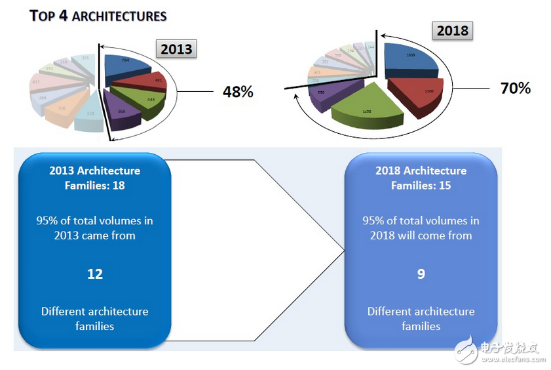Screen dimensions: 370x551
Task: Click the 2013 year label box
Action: click(x=176, y=49)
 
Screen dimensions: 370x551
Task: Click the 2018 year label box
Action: click(x=452, y=31)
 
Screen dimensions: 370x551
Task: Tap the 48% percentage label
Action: click(x=238, y=91)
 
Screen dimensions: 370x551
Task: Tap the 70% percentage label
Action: click(x=515, y=87)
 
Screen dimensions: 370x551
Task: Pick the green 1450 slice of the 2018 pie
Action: click(x=367, y=110)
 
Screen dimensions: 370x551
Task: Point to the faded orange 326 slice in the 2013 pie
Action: click(x=61, y=107)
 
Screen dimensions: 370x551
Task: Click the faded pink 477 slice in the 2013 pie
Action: click(x=37, y=83)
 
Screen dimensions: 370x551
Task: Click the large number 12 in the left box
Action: click(x=95, y=273)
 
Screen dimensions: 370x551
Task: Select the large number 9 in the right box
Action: click(x=421, y=273)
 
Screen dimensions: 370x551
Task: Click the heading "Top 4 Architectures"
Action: click(x=98, y=16)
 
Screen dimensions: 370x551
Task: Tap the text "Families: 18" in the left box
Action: click(x=95, y=186)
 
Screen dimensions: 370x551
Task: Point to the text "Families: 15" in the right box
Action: click(x=421, y=186)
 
